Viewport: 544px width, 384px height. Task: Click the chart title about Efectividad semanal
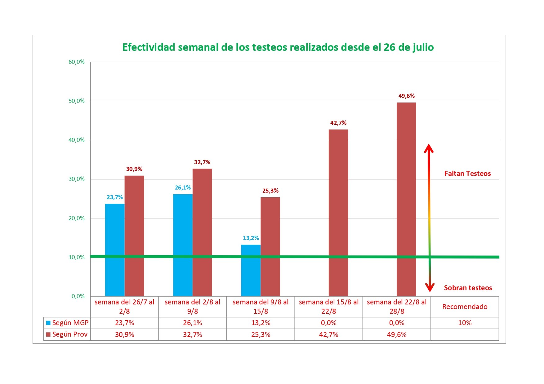point(278,47)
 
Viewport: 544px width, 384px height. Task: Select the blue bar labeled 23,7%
point(115,250)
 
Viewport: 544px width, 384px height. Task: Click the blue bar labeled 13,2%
point(251,270)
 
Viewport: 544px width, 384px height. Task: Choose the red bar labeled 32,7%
point(202,232)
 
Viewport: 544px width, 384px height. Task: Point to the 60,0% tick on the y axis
point(76,62)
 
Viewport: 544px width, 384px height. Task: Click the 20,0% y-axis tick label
point(76,218)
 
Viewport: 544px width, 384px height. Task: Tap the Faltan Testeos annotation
point(467,174)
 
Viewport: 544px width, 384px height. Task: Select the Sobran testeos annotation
point(468,288)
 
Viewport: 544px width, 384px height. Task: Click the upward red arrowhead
point(429,148)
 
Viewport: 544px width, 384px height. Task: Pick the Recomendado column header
point(465,307)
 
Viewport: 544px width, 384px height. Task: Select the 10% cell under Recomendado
point(465,323)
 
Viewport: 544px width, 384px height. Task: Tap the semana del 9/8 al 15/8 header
point(261,307)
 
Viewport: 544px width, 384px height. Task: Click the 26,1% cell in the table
point(193,323)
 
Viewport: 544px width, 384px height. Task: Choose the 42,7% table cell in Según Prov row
point(328,334)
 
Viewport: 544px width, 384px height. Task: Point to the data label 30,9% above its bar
point(134,169)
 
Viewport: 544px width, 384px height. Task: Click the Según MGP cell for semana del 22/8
point(397,323)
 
